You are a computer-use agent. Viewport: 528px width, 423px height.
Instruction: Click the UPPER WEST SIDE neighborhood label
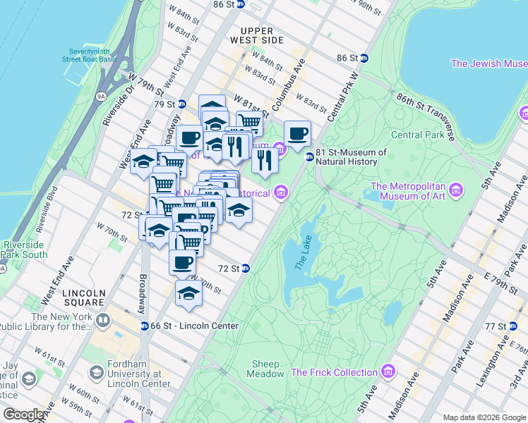(x=261, y=35)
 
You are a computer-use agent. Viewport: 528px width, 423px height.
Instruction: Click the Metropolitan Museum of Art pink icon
(x=455, y=191)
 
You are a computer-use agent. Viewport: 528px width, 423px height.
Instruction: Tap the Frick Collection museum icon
(x=388, y=372)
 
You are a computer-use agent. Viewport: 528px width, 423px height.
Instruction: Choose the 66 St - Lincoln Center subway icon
(x=144, y=326)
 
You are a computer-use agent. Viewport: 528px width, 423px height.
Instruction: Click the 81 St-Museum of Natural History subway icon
(x=309, y=157)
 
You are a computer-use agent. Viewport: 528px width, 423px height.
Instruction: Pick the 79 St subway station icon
(x=180, y=104)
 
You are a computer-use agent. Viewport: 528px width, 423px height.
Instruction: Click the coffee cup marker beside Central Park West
(x=298, y=133)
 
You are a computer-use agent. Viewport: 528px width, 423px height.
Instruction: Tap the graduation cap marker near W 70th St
(x=188, y=292)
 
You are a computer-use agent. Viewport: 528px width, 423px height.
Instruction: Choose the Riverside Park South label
(x=25, y=250)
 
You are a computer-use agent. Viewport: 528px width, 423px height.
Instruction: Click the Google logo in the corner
(x=24, y=415)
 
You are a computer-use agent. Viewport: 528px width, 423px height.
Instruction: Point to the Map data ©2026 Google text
(x=484, y=417)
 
